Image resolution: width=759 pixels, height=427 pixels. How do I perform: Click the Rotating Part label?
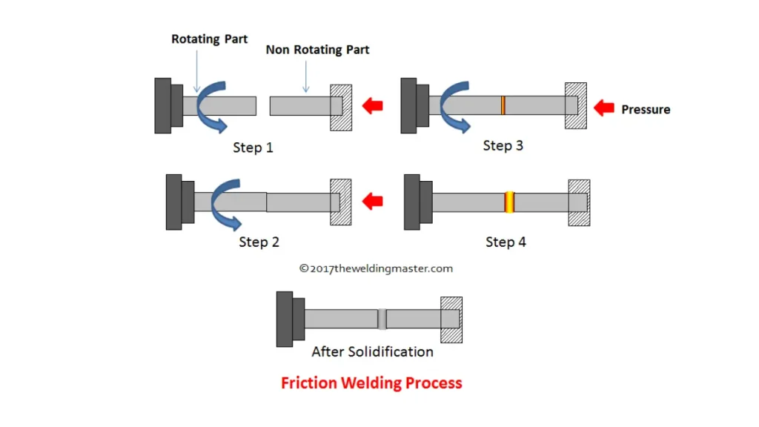211,39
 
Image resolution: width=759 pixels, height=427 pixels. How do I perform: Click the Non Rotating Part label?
317,50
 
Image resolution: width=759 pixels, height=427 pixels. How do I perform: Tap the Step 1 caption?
253,148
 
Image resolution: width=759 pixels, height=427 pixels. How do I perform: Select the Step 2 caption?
259,242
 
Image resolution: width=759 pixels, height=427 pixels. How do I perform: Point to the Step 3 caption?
503,145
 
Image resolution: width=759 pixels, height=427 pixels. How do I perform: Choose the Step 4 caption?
506,242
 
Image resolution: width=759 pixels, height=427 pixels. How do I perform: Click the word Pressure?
646,110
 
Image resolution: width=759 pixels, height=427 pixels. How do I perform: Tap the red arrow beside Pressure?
605,108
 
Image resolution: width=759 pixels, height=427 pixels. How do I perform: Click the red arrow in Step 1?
372,106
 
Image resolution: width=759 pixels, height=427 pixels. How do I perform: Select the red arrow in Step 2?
372,200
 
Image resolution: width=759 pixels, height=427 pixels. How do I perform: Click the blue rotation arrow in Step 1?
214,111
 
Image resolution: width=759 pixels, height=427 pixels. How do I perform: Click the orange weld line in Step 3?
503,105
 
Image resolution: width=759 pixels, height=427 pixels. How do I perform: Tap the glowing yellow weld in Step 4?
509,202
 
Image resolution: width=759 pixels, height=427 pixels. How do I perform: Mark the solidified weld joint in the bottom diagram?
382,319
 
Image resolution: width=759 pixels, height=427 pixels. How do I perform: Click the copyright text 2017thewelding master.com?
376,268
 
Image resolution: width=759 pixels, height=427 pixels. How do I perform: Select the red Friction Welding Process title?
371,383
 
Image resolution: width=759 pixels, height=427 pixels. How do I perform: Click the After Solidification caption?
372,351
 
